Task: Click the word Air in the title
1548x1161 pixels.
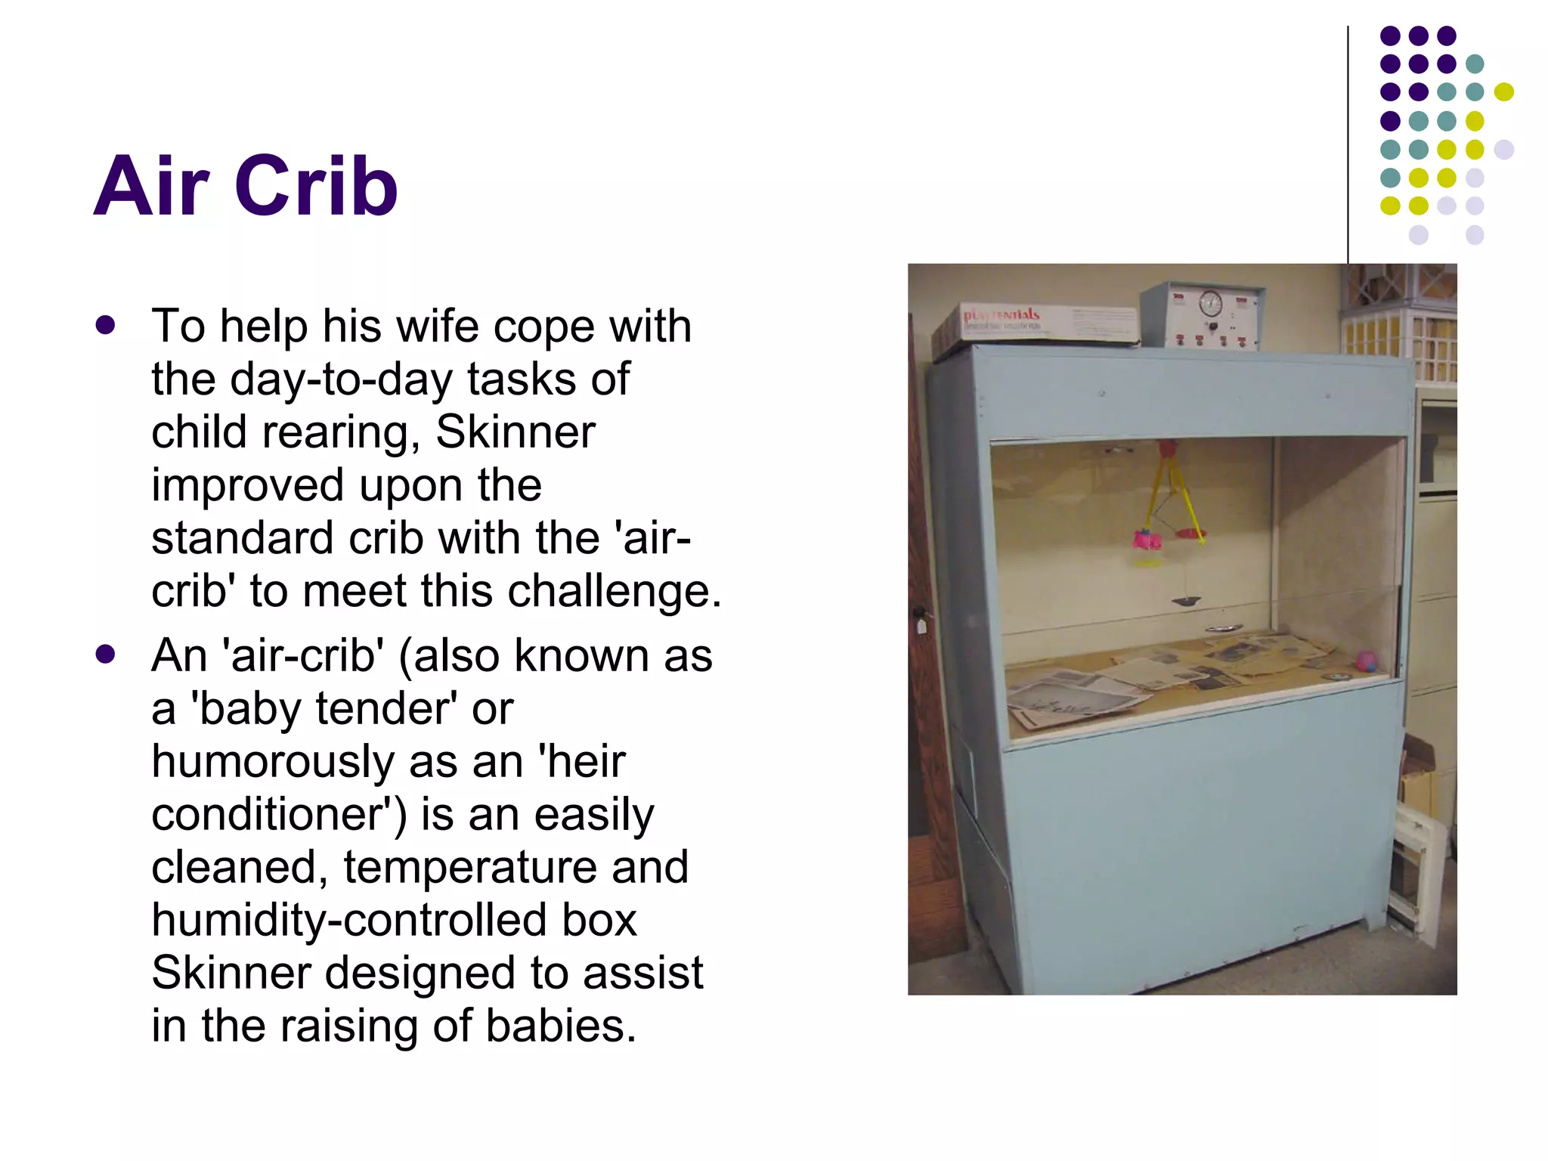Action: pos(151,186)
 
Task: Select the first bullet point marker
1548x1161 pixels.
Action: pos(106,325)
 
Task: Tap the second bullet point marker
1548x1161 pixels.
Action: pos(106,655)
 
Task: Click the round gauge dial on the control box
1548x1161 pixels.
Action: pos(1210,304)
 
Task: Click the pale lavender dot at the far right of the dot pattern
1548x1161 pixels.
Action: pos(1504,149)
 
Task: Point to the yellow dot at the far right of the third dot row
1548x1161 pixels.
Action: pos(1504,92)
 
